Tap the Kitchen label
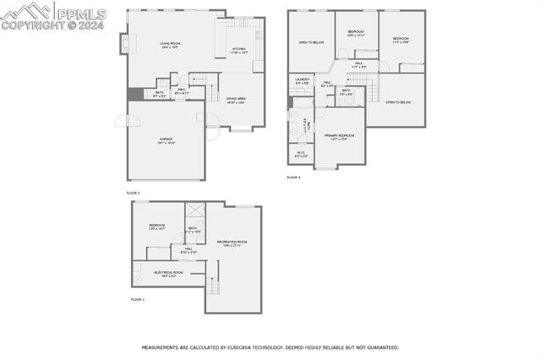click(x=240, y=51)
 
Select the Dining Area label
click(x=236, y=101)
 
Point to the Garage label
click(x=166, y=141)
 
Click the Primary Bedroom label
click(x=339, y=137)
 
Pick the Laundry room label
click(x=302, y=82)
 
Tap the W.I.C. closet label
click(x=301, y=154)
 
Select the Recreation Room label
click(x=231, y=244)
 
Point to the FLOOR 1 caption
click(x=138, y=300)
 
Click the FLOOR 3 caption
click(x=293, y=177)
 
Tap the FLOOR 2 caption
click(x=134, y=194)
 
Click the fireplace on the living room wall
click(x=126, y=43)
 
